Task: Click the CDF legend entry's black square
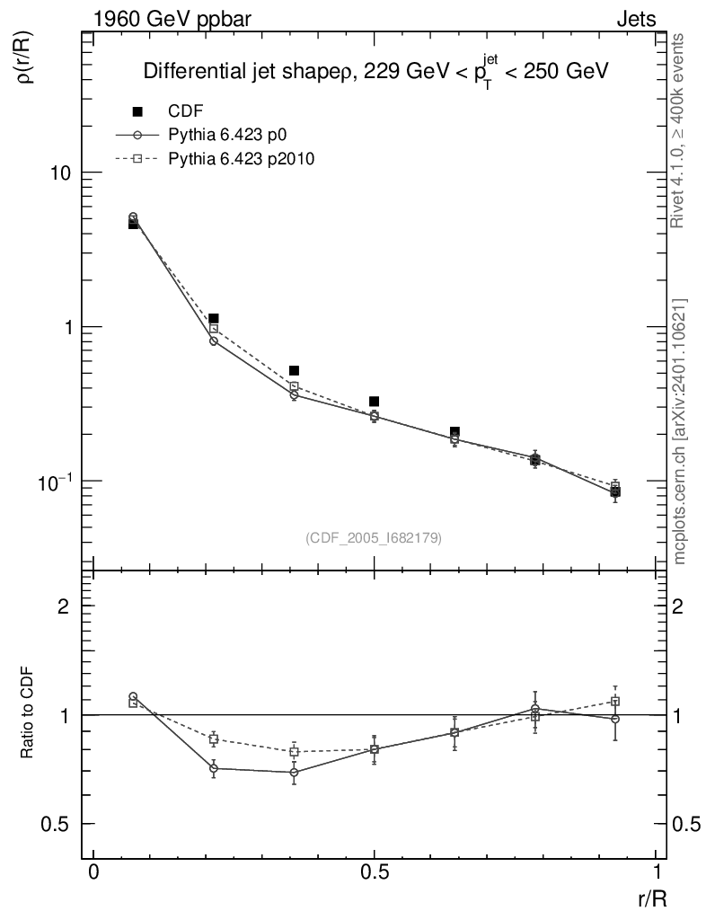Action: tap(137, 111)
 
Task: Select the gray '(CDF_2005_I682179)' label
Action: tap(374, 537)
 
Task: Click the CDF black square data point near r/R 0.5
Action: tap(375, 402)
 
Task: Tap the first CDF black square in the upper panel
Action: tap(133, 224)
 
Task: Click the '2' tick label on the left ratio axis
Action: tap(64, 606)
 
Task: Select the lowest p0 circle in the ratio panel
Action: tap(294, 772)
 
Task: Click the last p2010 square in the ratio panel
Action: tap(615, 701)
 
